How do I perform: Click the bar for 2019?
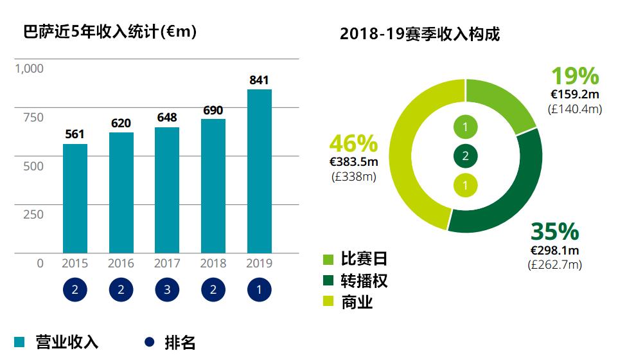(x=260, y=171)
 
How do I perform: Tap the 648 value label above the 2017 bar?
(x=167, y=118)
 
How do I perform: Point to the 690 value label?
(x=213, y=110)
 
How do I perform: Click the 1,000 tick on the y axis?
(x=29, y=68)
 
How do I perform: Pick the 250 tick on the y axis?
(x=33, y=214)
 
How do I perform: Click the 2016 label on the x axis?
(x=121, y=263)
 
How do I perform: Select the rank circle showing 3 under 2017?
(x=167, y=290)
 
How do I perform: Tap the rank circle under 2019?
(x=260, y=290)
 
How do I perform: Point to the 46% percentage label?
(x=353, y=144)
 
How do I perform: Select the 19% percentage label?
(x=576, y=76)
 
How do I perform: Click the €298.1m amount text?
(x=554, y=250)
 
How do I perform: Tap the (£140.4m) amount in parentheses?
(x=575, y=109)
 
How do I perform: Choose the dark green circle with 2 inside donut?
(x=465, y=156)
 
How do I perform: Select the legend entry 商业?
(x=348, y=301)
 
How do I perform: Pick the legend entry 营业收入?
(x=57, y=342)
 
